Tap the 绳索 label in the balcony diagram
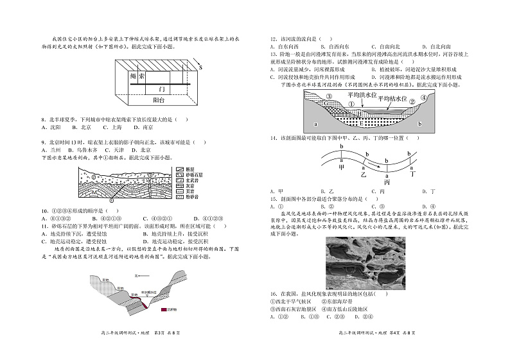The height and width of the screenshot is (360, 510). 137,77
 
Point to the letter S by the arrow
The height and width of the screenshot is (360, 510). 200,67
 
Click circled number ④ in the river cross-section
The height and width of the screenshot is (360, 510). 423,98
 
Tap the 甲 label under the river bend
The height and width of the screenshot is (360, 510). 342,166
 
